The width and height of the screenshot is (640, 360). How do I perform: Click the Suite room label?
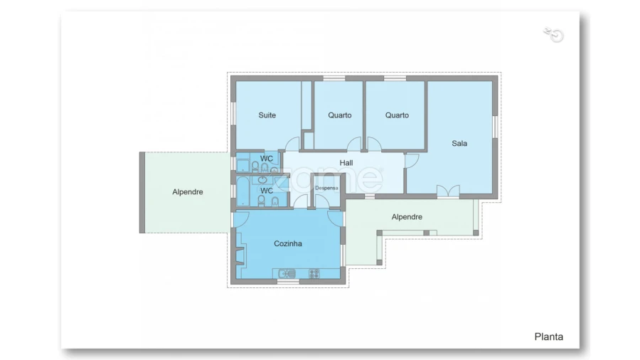tap(267, 115)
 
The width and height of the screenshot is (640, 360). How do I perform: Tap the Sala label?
tap(459, 143)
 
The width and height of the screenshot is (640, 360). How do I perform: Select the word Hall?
tap(346, 163)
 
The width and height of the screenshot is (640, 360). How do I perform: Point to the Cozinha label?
tap(288, 243)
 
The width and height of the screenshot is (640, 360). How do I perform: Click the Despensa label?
tap(326, 188)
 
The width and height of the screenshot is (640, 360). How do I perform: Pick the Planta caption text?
tap(548, 337)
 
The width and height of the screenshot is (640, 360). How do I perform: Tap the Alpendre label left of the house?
tap(187, 192)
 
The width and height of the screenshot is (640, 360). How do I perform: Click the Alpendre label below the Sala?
tap(407, 217)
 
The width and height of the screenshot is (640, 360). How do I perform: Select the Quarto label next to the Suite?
tap(340, 115)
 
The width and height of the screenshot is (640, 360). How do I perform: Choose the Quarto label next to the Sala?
tap(397, 115)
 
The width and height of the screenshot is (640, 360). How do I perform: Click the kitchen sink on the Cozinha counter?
tap(287, 273)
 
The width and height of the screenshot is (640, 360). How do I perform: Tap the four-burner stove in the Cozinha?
tap(314, 273)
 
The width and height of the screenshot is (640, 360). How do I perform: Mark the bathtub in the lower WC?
tap(243, 191)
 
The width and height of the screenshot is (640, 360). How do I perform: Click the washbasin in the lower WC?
tap(262, 179)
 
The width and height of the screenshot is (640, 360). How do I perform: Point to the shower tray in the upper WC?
tap(243, 165)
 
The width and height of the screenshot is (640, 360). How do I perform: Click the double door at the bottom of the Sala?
tap(448, 191)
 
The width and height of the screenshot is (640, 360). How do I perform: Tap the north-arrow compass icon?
tap(554, 35)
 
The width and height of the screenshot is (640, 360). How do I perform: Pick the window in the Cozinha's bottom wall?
tap(288, 281)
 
